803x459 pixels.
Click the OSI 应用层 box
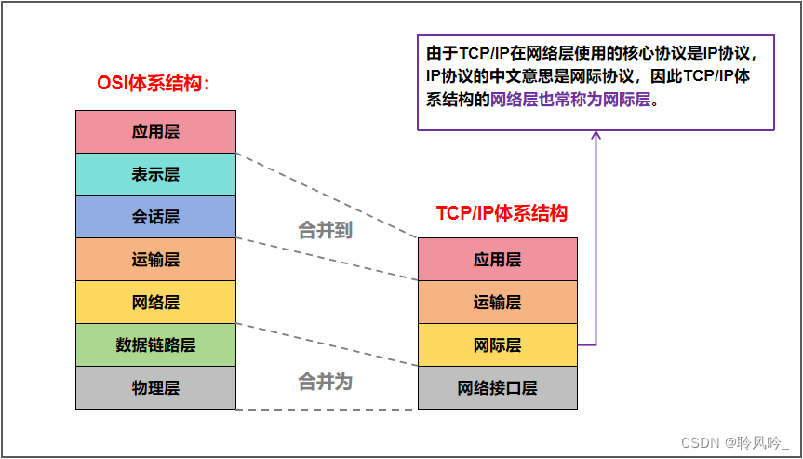(155, 131)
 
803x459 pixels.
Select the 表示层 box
(155, 174)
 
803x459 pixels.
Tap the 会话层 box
(155, 217)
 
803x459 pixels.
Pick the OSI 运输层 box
(155, 260)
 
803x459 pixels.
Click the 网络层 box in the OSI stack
(155, 303)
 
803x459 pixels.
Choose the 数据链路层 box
(155, 345)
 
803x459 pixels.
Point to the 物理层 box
(155, 388)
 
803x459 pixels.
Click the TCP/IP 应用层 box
(497, 259)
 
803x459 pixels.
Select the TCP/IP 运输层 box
(497, 302)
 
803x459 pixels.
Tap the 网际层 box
(497, 345)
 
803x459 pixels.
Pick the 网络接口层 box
(497, 388)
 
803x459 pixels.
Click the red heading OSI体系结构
(154, 83)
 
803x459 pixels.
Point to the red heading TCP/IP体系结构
(502, 212)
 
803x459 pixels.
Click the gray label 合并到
(325, 230)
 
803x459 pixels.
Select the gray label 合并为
(325, 381)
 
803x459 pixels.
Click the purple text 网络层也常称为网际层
(569, 100)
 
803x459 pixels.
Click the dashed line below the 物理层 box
(326, 409)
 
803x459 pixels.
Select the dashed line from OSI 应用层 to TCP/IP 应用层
(326, 195)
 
